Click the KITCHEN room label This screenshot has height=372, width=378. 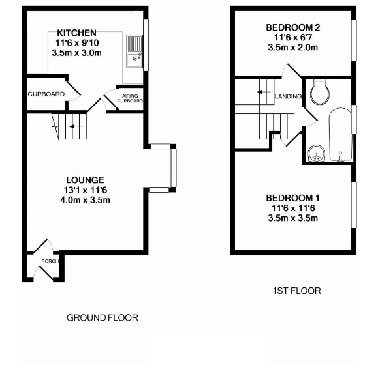point(76,33)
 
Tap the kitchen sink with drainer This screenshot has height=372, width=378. point(134,51)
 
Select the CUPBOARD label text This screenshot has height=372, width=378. point(46,94)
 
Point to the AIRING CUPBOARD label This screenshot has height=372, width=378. point(130,98)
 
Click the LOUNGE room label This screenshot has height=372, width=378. point(85,180)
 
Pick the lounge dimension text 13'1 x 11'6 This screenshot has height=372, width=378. point(86,190)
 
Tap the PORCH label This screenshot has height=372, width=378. point(50,261)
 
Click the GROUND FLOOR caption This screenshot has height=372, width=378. point(102,318)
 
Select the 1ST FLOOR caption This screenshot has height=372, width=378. point(297,291)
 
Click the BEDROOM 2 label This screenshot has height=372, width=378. point(293,27)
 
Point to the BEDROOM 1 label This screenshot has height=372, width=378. point(292,198)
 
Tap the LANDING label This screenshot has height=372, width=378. point(289,96)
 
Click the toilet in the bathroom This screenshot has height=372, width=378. point(320,93)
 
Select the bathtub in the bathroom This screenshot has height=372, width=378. point(340,134)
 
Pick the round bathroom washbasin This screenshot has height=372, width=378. point(317,154)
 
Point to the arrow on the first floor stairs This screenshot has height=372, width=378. point(264,92)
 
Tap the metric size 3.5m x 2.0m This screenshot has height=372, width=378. point(293,48)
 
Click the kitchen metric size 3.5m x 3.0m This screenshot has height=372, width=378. point(76,53)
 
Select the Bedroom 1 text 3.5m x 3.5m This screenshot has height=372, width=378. point(293,218)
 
